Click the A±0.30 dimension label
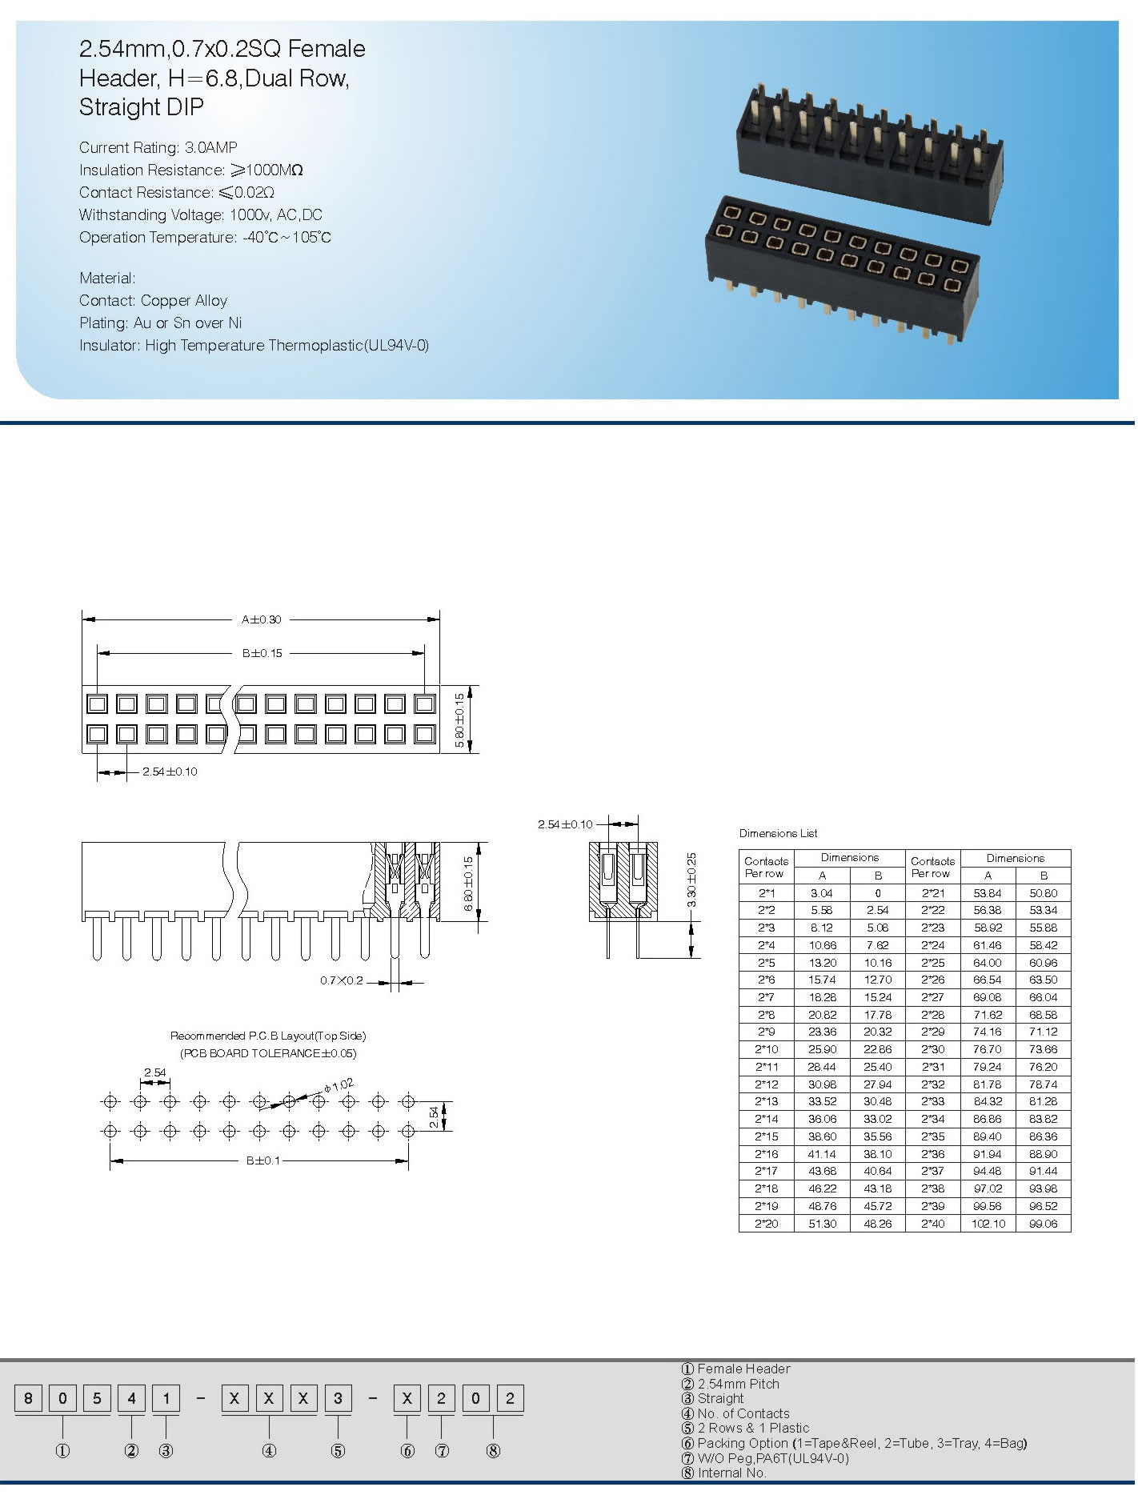coord(262,619)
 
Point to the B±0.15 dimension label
coord(262,653)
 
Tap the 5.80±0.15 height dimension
coord(459,720)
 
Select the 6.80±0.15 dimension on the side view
coord(469,884)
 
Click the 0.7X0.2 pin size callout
coord(342,980)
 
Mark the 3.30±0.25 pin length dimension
coord(692,880)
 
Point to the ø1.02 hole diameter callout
coord(339,1086)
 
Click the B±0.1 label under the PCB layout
coord(263,1160)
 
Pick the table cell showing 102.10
coord(988,1224)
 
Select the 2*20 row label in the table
coord(766,1224)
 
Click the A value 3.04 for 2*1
coord(822,893)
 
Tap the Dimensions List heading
coord(778,833)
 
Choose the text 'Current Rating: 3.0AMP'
coord(158,147)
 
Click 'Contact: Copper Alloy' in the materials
coord(153,300)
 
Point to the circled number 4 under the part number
coord(269,1451)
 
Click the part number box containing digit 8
coord(29,1398)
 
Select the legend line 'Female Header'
coord(743,1369)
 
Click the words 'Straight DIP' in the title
coord(142,106)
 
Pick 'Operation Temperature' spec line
coord(205,237)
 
